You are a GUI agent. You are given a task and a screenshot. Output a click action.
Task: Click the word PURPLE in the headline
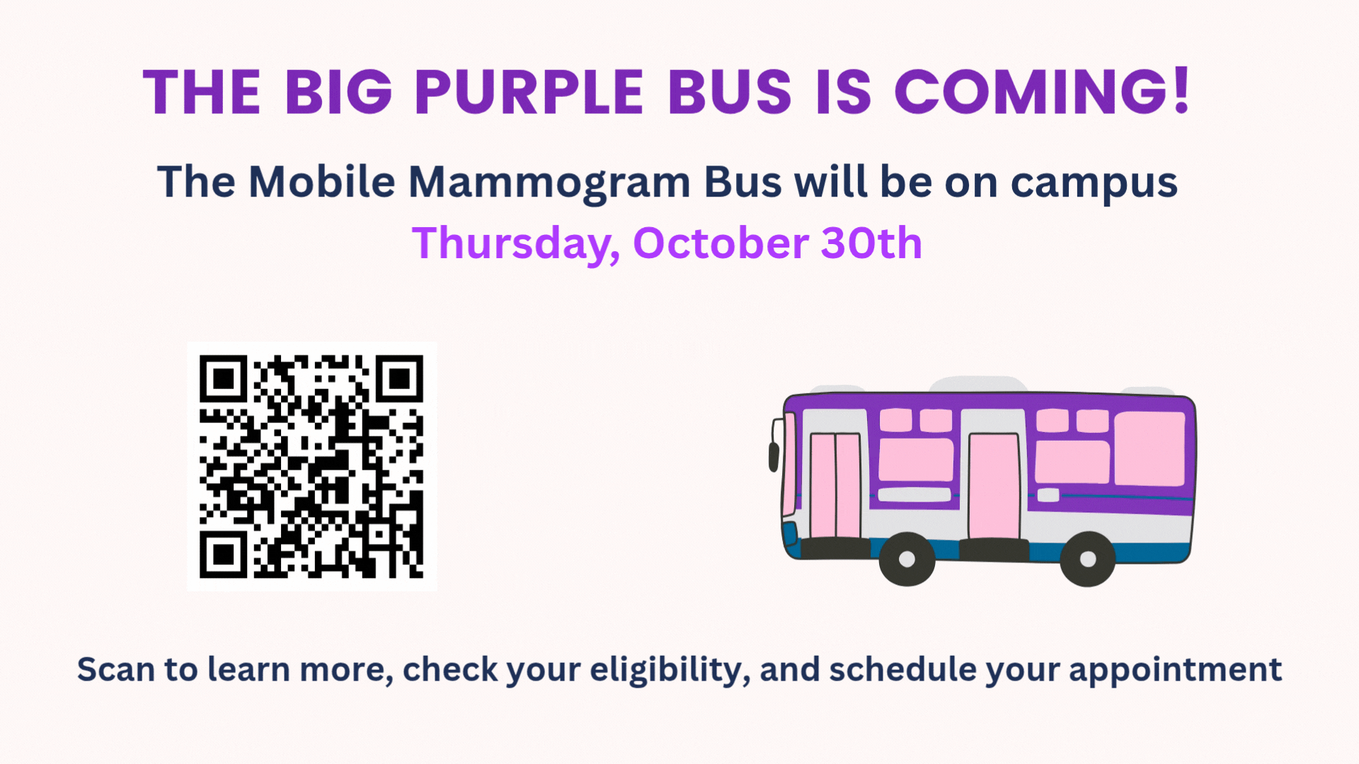click(x=529, y=92)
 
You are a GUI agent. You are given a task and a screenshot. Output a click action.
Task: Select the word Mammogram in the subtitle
click(x=549, y=183)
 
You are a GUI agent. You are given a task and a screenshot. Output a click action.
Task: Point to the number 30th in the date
click(x=871, y=243)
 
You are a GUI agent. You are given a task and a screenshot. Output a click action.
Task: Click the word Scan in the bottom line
click(x=115, y=669)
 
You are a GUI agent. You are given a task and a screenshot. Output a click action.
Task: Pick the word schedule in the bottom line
click(x=902, y=669)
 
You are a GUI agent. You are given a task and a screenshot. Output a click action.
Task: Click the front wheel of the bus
click(x=907, y=559)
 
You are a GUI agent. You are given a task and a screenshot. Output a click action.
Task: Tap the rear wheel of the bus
click(x=1088, y=559)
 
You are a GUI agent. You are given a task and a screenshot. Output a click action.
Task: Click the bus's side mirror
click(x=774, y=456)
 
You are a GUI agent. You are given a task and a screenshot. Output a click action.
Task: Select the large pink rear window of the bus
click(x=1149, y=448)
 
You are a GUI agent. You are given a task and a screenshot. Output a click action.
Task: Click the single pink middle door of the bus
click(x=994, y=486)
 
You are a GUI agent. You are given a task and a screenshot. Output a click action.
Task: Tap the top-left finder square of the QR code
click(x=224, y=379)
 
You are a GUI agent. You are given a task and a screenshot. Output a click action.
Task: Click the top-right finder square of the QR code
click(x=399, y=379)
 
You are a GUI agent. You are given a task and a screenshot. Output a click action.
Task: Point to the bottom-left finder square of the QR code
click(x=224, y=554)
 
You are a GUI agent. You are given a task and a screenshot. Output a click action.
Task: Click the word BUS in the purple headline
click(x=730, y=92)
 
